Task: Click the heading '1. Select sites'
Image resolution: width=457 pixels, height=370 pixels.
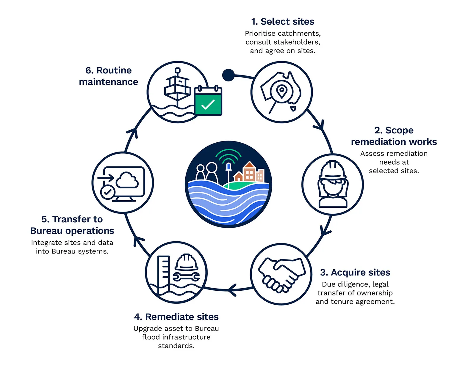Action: [283, 22]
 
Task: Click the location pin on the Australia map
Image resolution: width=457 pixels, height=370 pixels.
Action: [281, 91]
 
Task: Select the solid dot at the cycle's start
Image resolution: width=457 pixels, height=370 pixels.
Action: [228, 75]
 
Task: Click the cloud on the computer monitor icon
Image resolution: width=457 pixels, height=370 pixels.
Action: [127, 180]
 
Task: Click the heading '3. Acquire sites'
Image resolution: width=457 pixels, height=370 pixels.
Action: [355, 273]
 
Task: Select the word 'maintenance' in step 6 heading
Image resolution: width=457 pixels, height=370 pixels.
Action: [109, 82]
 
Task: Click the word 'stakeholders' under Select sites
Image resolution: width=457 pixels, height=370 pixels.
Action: [301, 42]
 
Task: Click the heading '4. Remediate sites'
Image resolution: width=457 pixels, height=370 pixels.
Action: [176, 317]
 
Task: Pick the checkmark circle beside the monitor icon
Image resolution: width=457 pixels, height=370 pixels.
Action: [107, 192]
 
